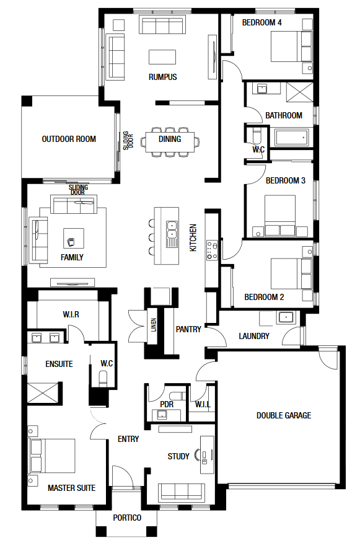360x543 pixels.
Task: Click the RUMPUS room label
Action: coord(163,77)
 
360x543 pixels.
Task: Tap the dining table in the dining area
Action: coord(170,141)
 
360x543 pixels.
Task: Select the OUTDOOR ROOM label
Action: coord(69,139)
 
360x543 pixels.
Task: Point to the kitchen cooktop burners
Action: coord(212,250)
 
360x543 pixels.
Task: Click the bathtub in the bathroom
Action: coord(291,138)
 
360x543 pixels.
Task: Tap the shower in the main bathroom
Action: coord(300,92)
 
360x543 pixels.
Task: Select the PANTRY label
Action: coord(188,329)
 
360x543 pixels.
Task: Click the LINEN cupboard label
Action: coord(154,325)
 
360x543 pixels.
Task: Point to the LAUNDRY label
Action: coord(254,336)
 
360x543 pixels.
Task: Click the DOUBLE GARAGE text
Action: coord(284,415)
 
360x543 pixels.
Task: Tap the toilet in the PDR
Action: coord(178,395)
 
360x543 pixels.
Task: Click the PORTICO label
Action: coord(127,518)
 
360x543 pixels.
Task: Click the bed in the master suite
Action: coord(53,456)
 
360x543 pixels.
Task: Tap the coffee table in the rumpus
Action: coord(162,57)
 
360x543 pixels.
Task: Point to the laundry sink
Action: coord(286,317)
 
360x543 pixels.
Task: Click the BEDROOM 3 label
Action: coord(286,180)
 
